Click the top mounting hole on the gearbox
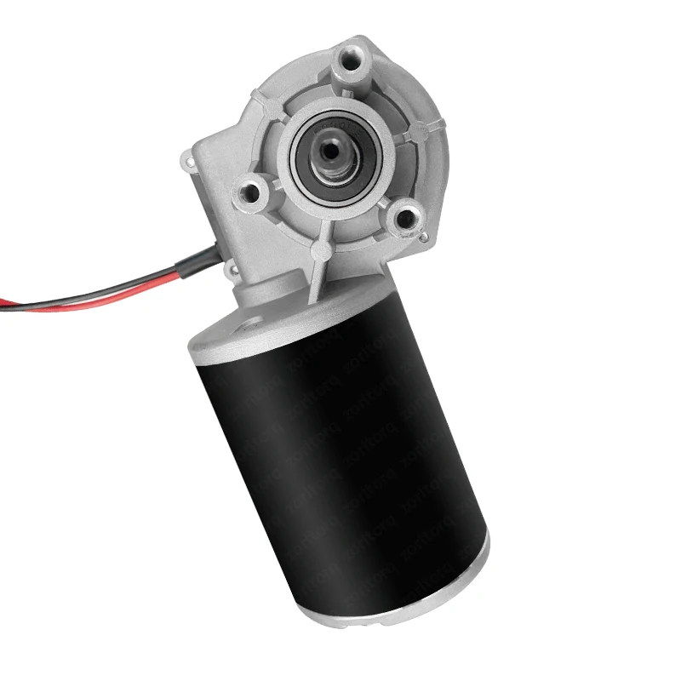click(352, 61)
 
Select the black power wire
click(102, 288)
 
